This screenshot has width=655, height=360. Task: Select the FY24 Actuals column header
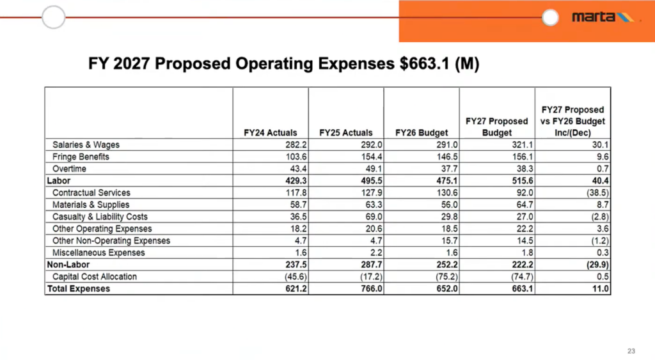(271, 133)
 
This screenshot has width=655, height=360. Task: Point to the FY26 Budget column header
(421, 133)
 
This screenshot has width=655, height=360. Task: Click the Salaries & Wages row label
(86, 145)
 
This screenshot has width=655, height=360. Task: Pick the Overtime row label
(69, 169)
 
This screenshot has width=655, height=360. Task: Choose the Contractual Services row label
(91, 192)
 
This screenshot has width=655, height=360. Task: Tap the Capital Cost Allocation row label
(95, 277)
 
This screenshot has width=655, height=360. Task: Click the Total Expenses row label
(78, 289)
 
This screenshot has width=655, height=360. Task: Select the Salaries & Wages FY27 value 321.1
(519, 145)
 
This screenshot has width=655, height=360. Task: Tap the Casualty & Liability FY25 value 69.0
(370, 217)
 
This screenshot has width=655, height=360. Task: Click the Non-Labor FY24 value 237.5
(292, 265)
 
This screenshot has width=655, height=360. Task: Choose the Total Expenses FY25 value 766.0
(367, 289)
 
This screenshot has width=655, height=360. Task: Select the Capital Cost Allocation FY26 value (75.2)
(443, 277)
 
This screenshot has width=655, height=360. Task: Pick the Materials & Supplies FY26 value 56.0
(445, 205)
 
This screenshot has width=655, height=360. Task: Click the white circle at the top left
(54, 17)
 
